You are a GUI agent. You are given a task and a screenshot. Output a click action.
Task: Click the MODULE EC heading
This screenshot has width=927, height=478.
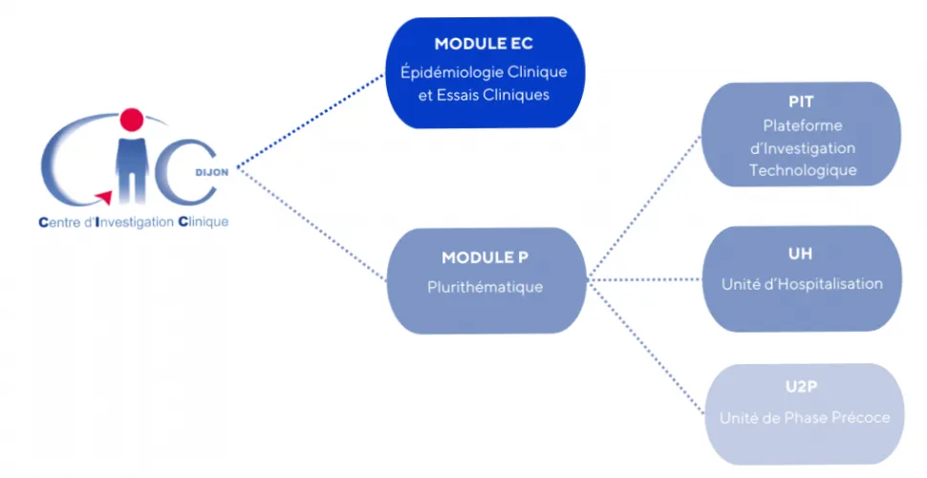tap(484, 44)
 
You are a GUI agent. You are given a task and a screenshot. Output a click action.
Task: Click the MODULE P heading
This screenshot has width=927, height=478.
tap(485, 258)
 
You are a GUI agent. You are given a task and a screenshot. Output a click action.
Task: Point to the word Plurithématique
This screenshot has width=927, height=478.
tap(485, 287)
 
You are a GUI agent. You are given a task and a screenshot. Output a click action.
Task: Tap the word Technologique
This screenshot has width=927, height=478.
tap(803, 171)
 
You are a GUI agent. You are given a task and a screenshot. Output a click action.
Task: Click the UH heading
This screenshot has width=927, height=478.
tap(802, 254)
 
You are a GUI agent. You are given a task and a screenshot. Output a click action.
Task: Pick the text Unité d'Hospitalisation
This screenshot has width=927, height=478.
tap(802, 284)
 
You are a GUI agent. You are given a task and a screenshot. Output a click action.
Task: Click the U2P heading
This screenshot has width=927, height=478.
tap(802, 388)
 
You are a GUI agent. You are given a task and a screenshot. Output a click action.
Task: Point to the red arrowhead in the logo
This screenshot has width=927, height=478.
tap(104, 198)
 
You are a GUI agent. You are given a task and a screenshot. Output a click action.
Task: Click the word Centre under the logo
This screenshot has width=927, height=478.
tap(60, 224)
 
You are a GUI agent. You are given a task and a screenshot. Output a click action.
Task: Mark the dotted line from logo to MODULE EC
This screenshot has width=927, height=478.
tap(311, 123)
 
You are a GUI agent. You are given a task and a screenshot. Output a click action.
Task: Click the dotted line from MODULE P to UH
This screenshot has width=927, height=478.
tap(645, 280)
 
